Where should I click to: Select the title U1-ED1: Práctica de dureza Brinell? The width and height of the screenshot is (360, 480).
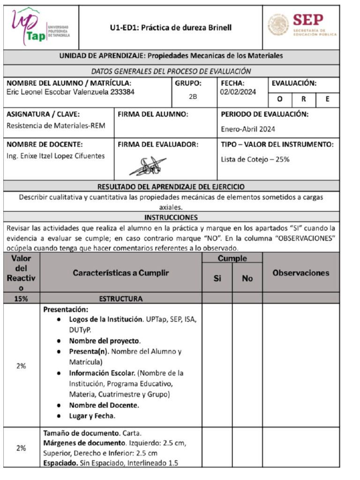coord(171,28)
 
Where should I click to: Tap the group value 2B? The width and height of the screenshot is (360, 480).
coord(193,97)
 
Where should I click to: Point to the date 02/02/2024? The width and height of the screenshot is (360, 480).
coord(238,92)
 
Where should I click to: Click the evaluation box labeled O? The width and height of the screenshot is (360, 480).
coord(279,99)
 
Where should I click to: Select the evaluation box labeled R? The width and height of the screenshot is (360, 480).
coord(303,99)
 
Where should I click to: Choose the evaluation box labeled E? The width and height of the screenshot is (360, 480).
coord(327,99)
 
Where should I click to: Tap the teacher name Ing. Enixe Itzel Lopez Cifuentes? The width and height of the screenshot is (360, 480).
coord(56,156)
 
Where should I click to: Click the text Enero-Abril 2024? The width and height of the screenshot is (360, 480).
coord(248,129)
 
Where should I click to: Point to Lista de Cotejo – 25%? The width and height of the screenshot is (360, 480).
coord(255,159)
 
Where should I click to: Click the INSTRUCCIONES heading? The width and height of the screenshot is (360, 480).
coord(171,217)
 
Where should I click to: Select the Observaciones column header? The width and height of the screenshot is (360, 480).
coord(300,273)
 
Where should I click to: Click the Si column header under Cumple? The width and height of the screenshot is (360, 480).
coord(217,278)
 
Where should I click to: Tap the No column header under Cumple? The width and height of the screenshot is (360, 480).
coord(247,278)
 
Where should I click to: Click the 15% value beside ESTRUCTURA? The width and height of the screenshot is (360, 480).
coord(21,299)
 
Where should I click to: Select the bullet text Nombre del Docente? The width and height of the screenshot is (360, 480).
coord(104,405)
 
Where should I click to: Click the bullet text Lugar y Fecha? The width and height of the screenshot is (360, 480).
coord(92,416)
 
